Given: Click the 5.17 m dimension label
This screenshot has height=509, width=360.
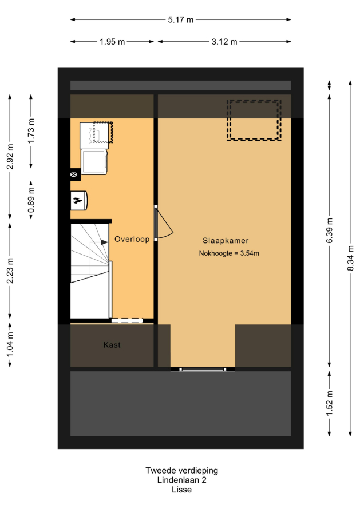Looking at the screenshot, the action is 180,20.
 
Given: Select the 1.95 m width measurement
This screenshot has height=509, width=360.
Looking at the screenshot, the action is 112,42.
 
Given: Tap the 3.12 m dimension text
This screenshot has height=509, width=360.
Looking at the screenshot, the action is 224,42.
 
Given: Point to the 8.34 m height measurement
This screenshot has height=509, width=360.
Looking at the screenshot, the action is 350,258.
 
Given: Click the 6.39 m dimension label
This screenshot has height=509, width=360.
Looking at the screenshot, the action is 330,230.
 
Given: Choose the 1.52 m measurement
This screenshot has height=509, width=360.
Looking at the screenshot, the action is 330,403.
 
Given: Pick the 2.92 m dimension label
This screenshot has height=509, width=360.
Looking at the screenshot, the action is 10,157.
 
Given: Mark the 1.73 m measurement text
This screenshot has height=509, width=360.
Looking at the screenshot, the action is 31,131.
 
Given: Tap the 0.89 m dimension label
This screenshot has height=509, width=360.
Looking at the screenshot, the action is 31,201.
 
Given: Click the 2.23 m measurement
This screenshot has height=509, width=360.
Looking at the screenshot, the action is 10,271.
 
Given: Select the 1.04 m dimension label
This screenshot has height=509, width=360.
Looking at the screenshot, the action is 10,344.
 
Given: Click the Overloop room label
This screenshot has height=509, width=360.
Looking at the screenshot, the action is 132,239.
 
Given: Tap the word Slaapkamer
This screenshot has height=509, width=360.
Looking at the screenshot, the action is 226,241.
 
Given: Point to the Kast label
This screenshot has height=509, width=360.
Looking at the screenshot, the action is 112,345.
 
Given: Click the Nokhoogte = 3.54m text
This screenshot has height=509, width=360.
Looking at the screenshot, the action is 229,253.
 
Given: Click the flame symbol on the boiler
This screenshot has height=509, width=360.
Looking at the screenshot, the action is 77,201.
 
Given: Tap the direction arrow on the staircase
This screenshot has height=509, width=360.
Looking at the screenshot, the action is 104,242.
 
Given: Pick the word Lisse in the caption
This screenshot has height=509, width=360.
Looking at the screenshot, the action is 181,490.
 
